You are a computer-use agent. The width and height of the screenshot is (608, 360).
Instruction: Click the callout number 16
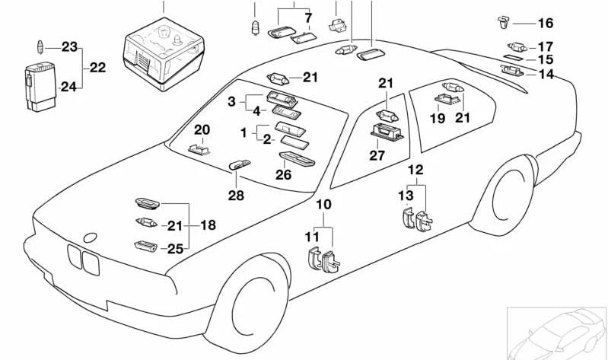[x=546, y=24]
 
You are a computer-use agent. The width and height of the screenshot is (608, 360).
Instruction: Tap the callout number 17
[x=546, y=46]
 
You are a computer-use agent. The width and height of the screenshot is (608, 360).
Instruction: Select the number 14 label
[x=546, y=75]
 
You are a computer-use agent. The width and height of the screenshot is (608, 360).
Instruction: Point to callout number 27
[x=378, y=156]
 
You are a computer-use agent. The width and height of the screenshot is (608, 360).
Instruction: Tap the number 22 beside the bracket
[x=97, y=67]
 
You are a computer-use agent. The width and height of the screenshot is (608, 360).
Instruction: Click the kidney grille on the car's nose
[x=82, y=260]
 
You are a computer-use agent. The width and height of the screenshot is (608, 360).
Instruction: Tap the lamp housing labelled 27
[x=387, y=134]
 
